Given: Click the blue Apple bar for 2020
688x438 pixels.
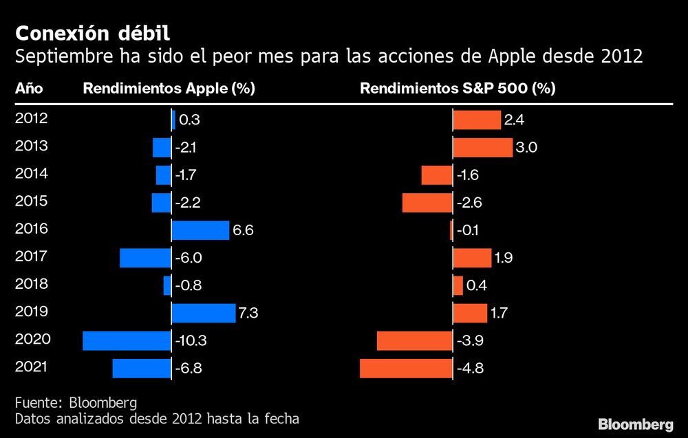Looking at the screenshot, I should coord(127,340).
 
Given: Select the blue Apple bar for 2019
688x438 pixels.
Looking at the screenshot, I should coord(203,313).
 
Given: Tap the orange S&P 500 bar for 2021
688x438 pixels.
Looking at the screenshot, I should coord(406,368).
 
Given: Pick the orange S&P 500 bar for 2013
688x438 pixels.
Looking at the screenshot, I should coord(482,148).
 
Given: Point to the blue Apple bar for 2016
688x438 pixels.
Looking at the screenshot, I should coord(200,230).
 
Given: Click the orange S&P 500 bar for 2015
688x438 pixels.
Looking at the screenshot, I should coord(427,203).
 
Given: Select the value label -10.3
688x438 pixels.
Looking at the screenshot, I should coord(191,341).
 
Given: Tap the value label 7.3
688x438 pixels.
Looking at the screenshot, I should coord(248,314).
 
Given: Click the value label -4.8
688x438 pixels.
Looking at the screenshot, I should coord(471,369).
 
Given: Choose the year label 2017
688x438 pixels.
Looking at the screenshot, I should coord(31,256).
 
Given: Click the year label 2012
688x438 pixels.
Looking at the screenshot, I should coord(31,118).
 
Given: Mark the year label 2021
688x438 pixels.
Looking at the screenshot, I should coord(31,366).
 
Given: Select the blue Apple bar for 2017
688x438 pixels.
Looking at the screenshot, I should coord(145,258).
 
